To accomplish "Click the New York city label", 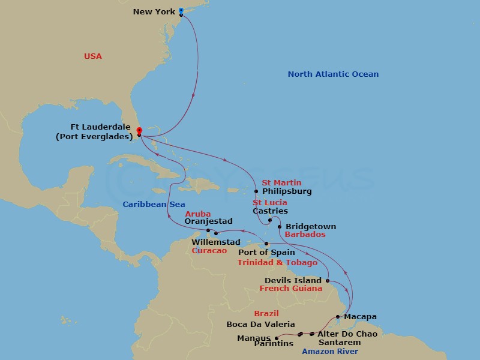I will [154, 11].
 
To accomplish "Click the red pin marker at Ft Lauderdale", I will [139, 130].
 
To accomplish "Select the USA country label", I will [93, 56].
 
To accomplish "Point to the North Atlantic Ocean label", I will [333, 74].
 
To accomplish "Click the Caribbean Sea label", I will [154, 205].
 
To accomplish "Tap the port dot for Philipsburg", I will [256, 191].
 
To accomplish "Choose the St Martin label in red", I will [281, 182].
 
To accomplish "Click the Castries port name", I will [270, 211].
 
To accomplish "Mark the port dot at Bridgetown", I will [280, 227].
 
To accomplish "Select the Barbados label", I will [305, 235].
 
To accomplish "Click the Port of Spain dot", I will [267, 244].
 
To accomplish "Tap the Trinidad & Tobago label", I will [277, 263].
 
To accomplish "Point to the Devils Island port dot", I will [328, 280].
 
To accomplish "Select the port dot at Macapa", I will [338, 316].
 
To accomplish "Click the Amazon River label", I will [330, 352].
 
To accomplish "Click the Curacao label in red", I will [209, 250].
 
